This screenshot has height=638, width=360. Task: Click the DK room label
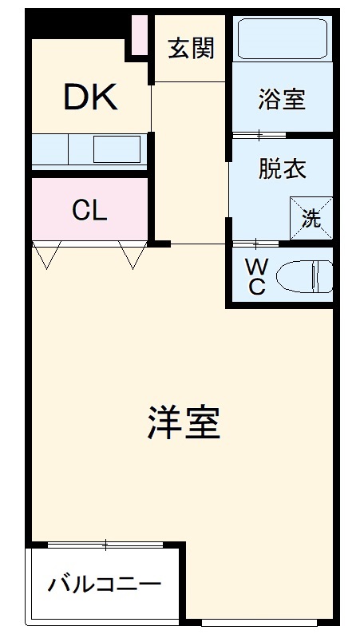tap(91, 97)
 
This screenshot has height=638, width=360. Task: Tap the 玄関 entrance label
tap(192, 49)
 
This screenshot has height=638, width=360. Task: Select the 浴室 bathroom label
tap(281, 100)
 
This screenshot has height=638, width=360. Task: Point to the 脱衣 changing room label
tap(281, 169)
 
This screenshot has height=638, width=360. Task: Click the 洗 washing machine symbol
tap(311, 217)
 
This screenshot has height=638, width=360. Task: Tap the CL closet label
tap(89, 210)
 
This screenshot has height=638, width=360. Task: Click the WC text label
tap(255, 276)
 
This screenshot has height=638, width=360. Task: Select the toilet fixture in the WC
tap(299, 276)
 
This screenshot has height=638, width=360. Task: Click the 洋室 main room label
tap(184, 422)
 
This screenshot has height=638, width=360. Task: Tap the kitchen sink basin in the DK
tap(117, 149)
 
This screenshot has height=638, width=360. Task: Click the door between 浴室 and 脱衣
tap(259, 134)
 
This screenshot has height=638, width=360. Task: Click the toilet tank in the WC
tap(323, 276)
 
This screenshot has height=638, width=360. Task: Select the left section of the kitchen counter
tap(49, 149)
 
